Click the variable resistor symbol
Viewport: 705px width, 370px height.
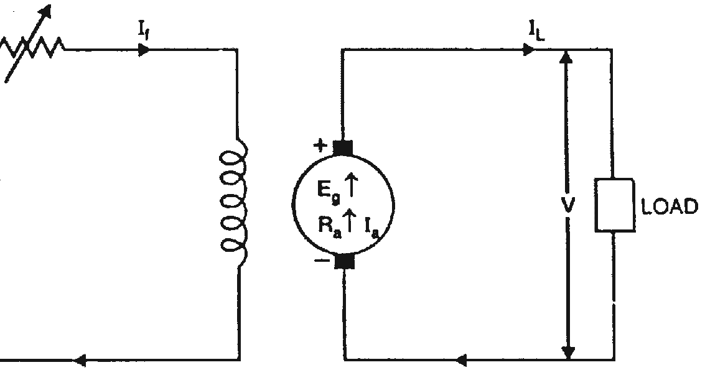click(x=31, y=47)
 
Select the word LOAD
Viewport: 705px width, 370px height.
click(x=670, y=206)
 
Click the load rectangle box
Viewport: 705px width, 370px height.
click(x=614, y=205)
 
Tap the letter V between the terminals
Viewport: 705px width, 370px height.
click(x=568, y=205)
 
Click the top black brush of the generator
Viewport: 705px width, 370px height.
click(x=343, y=148)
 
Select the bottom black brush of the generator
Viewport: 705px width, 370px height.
click(x=344, y=260)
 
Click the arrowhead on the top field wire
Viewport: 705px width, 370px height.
click(x=144, y=50)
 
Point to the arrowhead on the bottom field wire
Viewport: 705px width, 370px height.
click(x=79, y=360)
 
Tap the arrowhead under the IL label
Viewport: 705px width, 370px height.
click(x=528, y=50)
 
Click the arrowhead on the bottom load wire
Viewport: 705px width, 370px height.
click(x=462, y=359)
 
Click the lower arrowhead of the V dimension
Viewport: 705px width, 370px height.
click(x=567, y=351)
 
